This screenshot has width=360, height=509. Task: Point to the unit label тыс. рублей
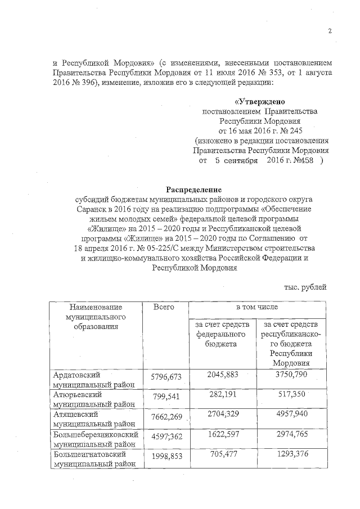pyautogui.click(x=305, y=287)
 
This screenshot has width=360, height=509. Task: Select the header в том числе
pyautogui.click(x=256, y=307)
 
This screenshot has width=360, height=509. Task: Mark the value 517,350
pyautogui.click(x=292, y=396)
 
